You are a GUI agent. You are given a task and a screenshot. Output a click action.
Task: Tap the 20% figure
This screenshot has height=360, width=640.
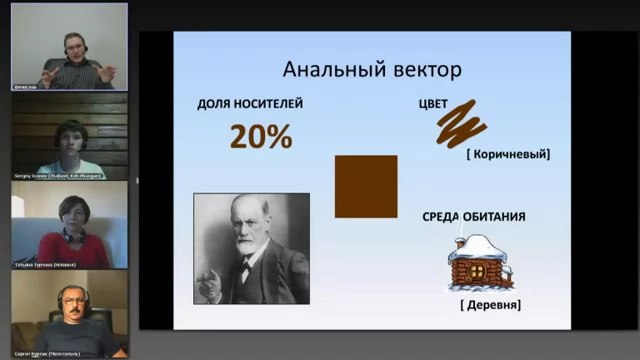(261, 135)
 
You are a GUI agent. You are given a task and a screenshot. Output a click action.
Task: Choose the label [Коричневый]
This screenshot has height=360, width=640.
(508, 154)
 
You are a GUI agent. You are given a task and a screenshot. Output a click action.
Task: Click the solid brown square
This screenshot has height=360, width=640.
(365, 186)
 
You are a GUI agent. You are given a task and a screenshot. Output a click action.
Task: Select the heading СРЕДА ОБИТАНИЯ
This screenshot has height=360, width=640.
(475, 216)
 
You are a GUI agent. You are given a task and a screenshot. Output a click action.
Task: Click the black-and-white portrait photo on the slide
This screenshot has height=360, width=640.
(251, 248)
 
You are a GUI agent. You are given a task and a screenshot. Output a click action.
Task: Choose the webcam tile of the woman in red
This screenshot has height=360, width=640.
(69, 224)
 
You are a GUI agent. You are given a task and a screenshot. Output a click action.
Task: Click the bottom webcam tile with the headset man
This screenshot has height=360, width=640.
(69, 313)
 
